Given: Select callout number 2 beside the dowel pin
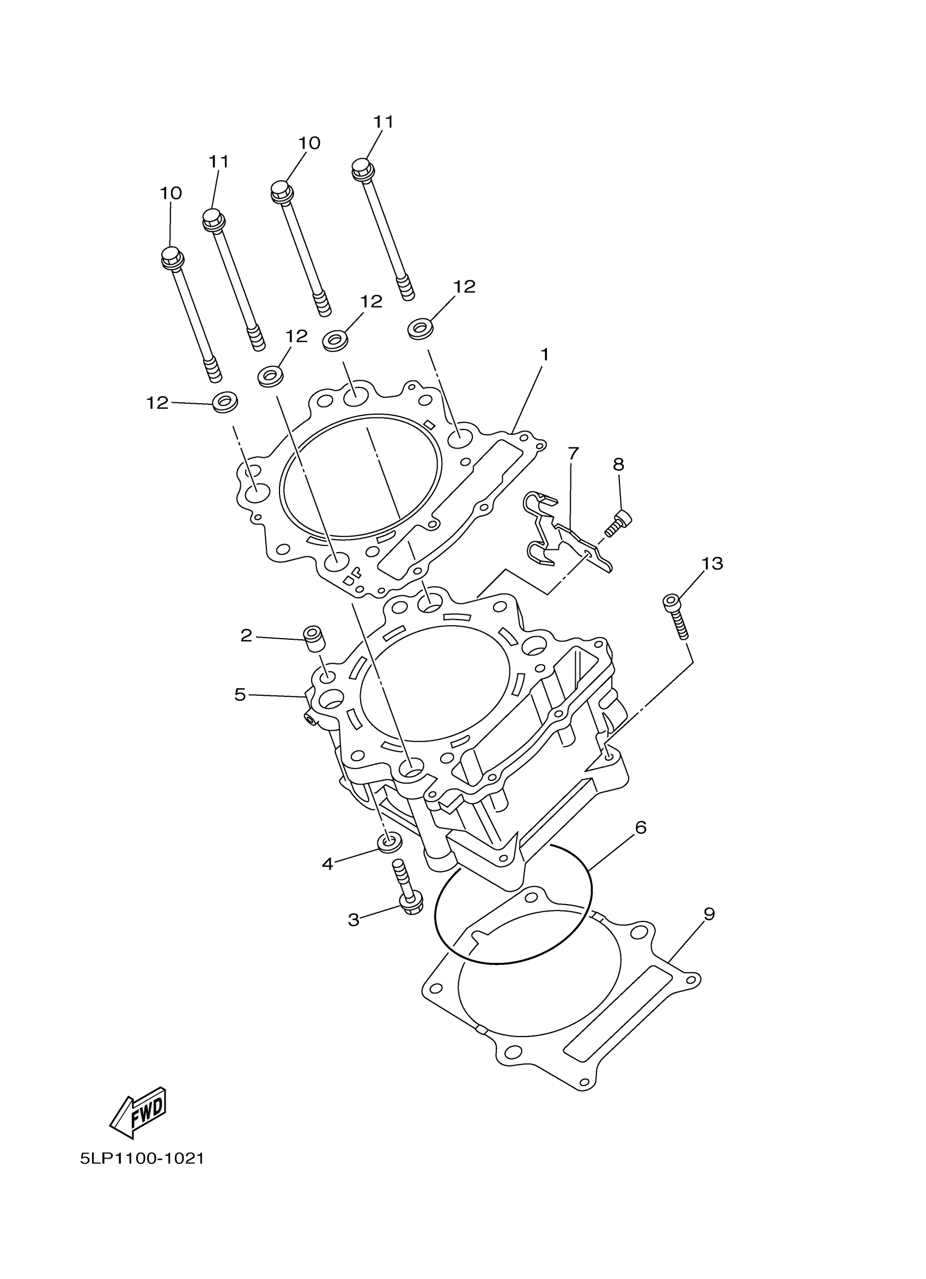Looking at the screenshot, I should [x=246, y=635].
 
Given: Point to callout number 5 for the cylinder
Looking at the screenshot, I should [x=240, y=695].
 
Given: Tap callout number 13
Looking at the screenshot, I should [x=712, y=563].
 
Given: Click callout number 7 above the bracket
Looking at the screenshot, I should [x=573, y=453].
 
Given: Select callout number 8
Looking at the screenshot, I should [x=618, y=465].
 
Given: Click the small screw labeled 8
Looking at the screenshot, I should [x=618, y=522].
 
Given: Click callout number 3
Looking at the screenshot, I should [x=354, y=920].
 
